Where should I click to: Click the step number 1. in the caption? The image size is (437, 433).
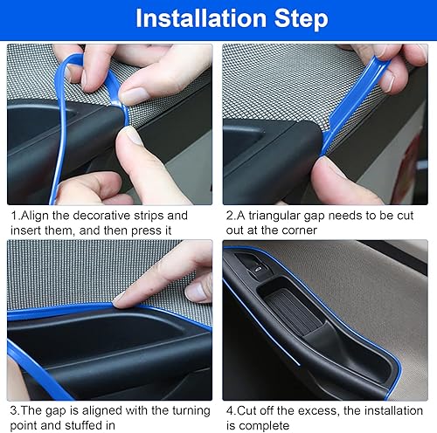click(x=15, y=215)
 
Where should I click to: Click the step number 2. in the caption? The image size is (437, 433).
click(x=230, y=215)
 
